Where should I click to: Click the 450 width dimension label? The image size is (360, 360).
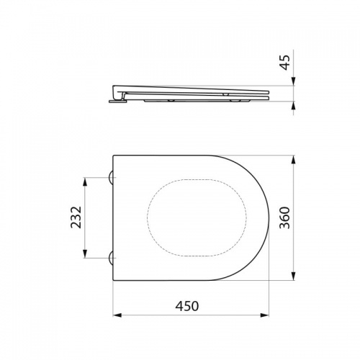187,306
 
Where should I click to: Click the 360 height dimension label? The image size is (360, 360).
285,217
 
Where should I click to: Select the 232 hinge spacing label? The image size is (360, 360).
76,217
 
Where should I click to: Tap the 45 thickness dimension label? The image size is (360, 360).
285,63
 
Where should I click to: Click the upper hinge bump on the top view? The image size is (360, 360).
111,178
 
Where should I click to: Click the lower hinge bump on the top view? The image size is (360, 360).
111,258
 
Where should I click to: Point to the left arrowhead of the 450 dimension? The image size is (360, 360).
117,315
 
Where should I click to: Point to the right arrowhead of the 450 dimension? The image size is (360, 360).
265,315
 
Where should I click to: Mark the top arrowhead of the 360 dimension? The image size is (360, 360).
293,160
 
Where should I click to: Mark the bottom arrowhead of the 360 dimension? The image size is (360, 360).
293,276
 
